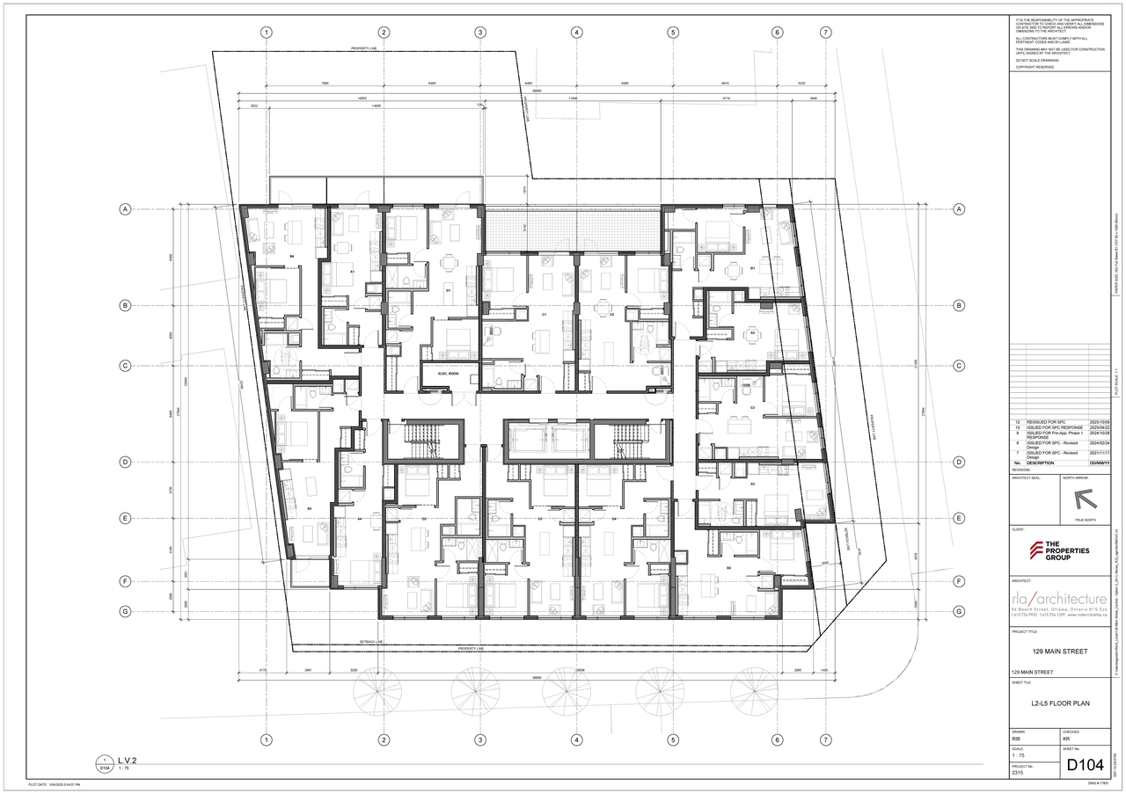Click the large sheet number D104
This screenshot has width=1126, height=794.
tap(1085, 765)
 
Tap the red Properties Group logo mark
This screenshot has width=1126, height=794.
tap(1038, 550)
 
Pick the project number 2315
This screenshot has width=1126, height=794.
tap(1019, 772)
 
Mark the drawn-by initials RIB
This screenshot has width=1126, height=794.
tap(1017, 739)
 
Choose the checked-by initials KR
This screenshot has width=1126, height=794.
tap(1067, 739)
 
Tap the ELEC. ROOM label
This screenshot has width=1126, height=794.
tap(449, 375)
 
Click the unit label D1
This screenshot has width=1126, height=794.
tap(448, 289)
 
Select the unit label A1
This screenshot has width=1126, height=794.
tap(352, 273)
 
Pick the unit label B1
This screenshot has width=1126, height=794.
tap(753, 268)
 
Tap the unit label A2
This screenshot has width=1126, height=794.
tap(752, 333)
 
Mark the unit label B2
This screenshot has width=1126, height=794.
tap(728, 568)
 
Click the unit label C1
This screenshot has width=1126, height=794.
tap(545, 314)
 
